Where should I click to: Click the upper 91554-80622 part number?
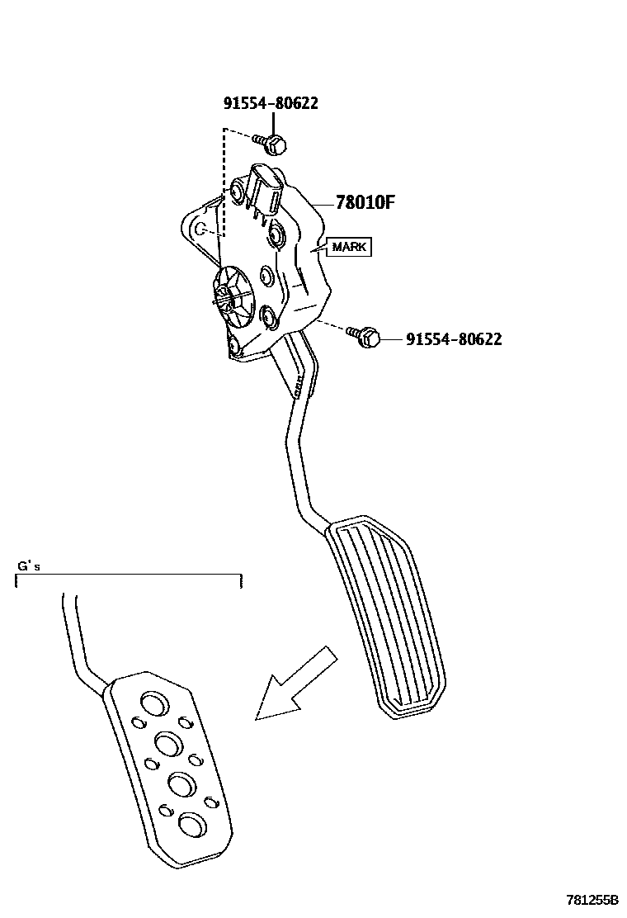tap(270, 103)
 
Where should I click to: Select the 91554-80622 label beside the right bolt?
tap(453, 338)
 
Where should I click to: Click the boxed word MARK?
tap(350, 247)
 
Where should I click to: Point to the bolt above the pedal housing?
tap(275, 144)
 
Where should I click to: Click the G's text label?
tap(29, 566)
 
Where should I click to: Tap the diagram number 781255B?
tap(592, 900)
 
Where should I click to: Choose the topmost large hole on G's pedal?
tap(153, 703)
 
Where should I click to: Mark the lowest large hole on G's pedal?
tap(193, 824)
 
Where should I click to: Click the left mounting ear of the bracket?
tap(196, 226)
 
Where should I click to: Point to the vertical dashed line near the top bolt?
tap(224, 182)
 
